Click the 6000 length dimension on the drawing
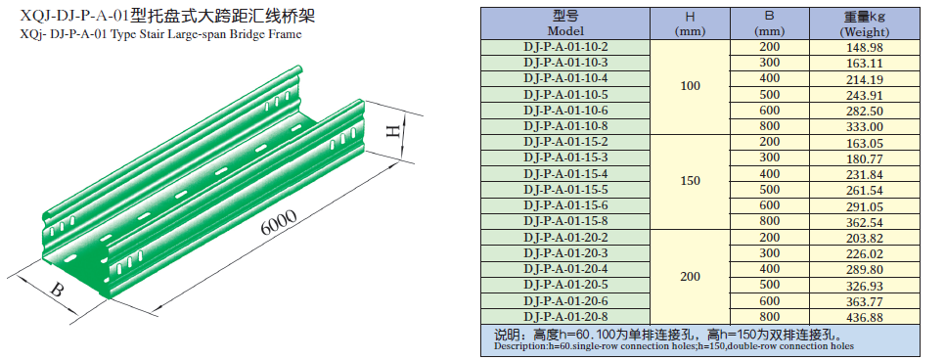click(279, 222)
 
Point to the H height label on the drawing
click(393, 132)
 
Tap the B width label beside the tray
click(57, 290)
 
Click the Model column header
click(565, 23)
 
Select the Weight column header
click(865, 23)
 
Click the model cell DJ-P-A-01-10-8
click(565, 126)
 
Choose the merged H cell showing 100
click(690, 86)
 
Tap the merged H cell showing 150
click(690, 182)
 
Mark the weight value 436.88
click(865, 317)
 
